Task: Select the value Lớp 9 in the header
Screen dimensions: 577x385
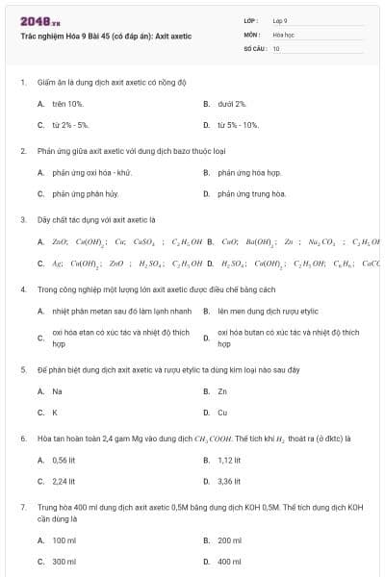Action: point(280,20)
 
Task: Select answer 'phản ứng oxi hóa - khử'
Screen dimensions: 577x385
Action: point(91,172)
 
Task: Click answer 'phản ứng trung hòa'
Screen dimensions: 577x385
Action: point(252,193)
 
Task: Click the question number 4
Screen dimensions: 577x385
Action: point(22,289)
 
